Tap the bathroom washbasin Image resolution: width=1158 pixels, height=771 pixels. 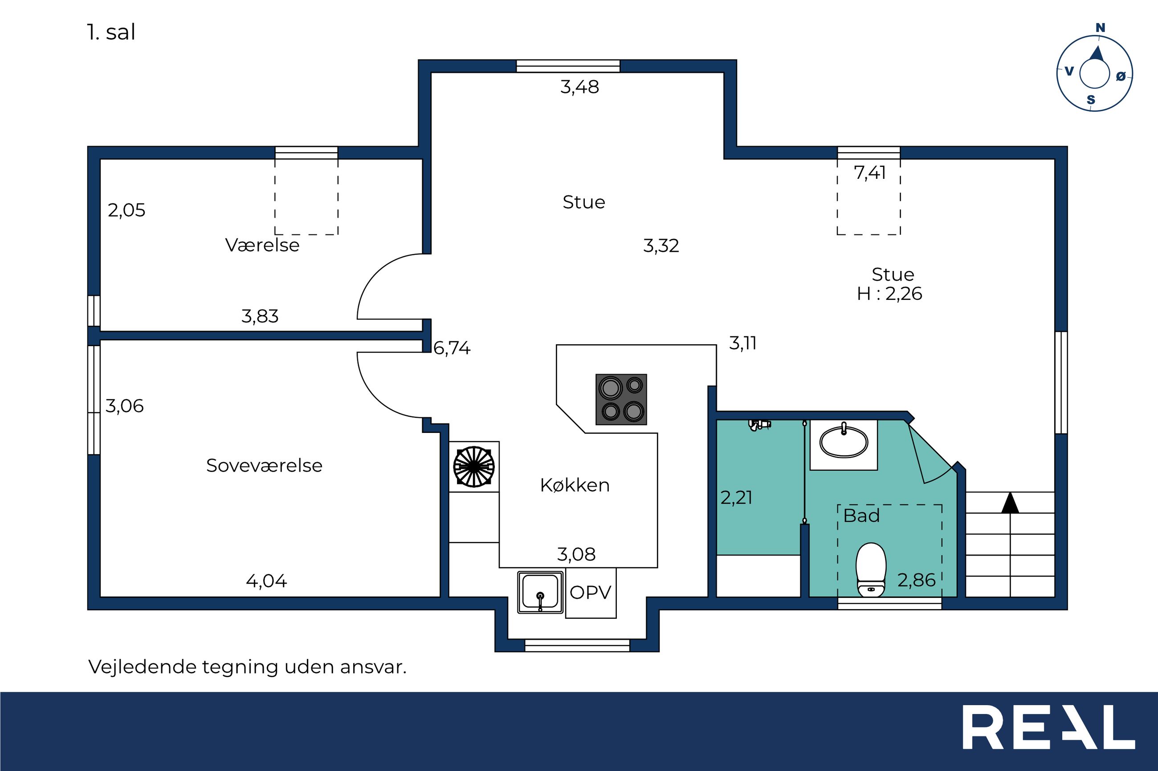pyautogui.click(x=844, y=441)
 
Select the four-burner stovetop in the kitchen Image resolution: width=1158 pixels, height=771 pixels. pyautogui.click(x=621, y=399)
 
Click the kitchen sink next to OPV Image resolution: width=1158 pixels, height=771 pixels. pyautogui.click(x=540, y=592)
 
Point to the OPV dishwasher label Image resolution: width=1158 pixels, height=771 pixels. pyautogui.click(x=591, y=593)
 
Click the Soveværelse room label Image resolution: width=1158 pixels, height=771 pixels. pyautogui.click(x=264, y=465)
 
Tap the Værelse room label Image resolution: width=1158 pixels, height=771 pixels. pyautogui.click(x=262, y=245)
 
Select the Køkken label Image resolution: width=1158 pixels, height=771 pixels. pyautogui.click(x=575, y=485)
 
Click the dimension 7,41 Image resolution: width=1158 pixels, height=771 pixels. pyautogui.click(x=870, y=173)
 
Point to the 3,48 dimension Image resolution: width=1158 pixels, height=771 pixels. pyautogui.click(x=580, y=87)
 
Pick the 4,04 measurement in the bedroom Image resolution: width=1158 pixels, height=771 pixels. pyautogui.click(x=266, y=581)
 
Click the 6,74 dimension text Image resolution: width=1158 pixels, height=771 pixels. pyautogui.click(x=452, y=348)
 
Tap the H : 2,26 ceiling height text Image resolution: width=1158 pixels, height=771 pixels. pyautogui.click(x=889, y=294)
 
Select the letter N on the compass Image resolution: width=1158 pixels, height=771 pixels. pyautogui.click(x=1101, y=28)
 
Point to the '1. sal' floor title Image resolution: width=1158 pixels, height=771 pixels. pyautogui.click(x=111, y=32)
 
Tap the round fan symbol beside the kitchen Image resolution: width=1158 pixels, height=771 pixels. pyautogui.click(x=473, y=467)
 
